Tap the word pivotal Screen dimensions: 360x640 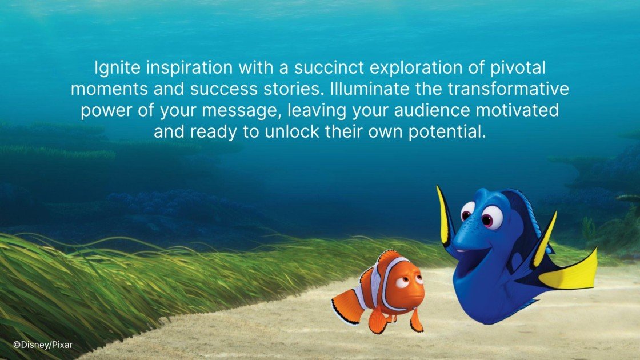click(x=519, y=68)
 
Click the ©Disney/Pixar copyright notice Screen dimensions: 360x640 click(x=43, y=345)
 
